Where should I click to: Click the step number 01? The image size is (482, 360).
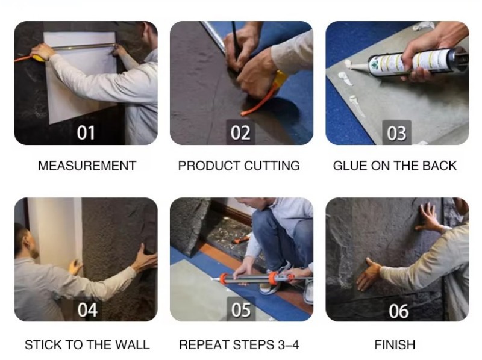pyautogui.click(x=86, y=133)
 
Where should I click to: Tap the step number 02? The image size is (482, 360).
pyautogui.click(x=240, y=132)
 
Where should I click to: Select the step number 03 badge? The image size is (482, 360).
pyautogui.click(x=396, y=133)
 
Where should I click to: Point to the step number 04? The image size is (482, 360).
pyautogui.click(x=87, y=310)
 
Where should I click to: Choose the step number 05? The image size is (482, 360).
pyautogui.click(x=241, y=310)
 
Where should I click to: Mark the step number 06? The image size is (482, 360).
pyautogui.click(x=399, y=311)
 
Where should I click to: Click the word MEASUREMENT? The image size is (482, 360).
pyautogui.click(x=87, y=166)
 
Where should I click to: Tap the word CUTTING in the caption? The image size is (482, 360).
pyautogui.click(x=272, y=166)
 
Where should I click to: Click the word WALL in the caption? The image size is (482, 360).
pyautogui.click(x=131, y=344)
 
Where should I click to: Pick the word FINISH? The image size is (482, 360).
pyautogui.click(x=395, y=344)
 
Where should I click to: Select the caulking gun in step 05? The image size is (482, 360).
pyautogui.click(x=261, y=279)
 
